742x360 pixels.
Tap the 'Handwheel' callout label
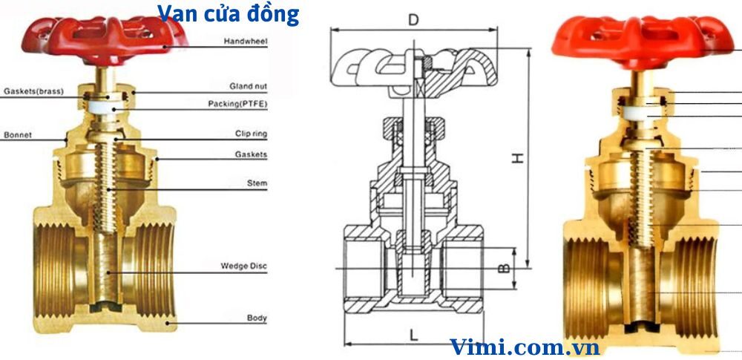[x=246, y=42]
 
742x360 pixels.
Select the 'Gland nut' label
[x=248, y=87]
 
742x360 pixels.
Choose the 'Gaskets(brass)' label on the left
[x=33, y=91]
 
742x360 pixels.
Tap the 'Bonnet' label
[x=17, y=136]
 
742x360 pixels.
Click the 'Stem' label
[x=257, y=183]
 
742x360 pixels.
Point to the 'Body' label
[x=256, y=318]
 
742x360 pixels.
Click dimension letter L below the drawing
[x=413, y=335]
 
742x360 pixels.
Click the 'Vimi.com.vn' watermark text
[x=524, y=346]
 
